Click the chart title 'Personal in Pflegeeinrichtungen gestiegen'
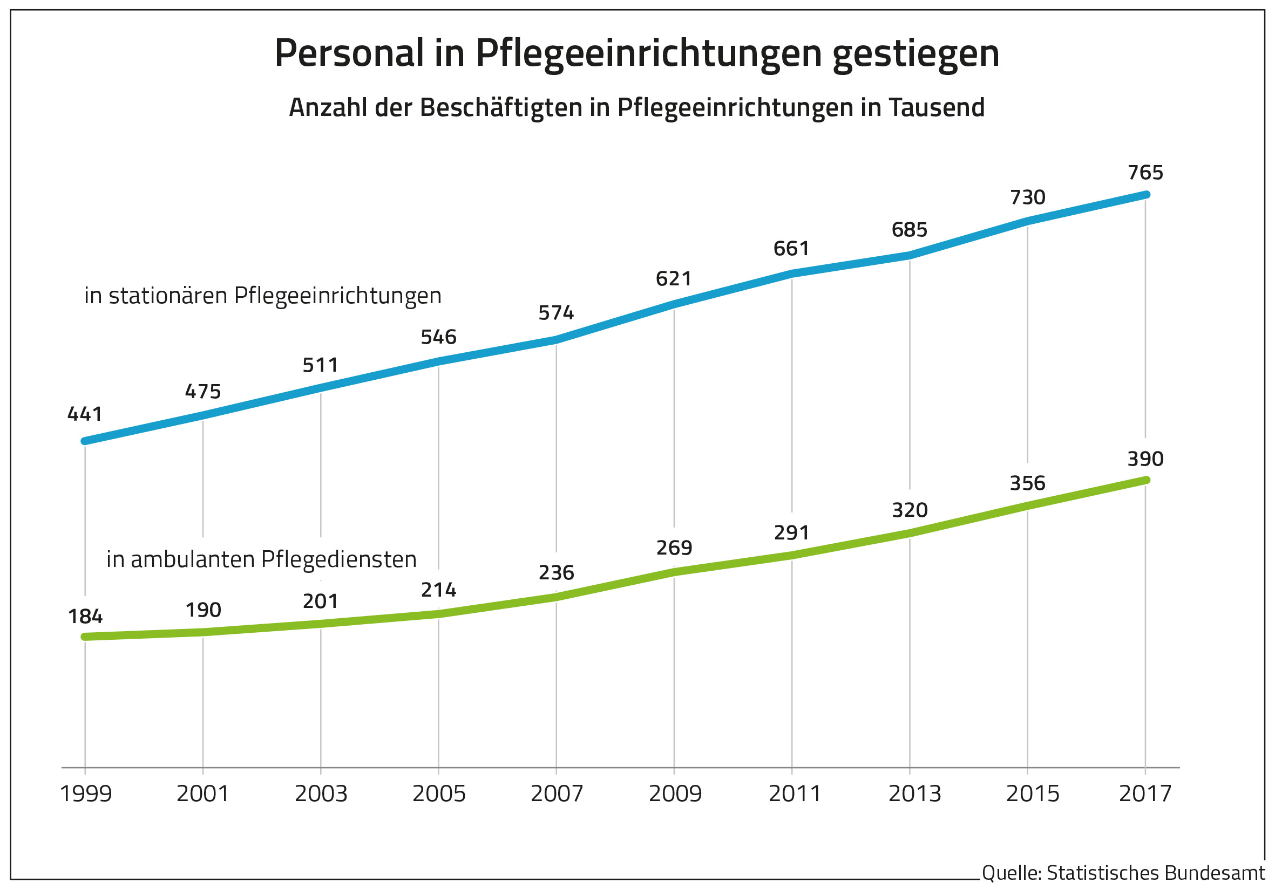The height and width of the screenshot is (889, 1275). click(x=636, y=54)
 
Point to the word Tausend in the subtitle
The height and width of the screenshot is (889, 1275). click(x=936, y=108)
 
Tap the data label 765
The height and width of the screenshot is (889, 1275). click(x=1145, y=173)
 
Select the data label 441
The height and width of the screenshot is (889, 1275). click(x=85, y=414)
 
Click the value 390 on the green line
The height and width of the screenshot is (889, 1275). click(x=1145, y=459)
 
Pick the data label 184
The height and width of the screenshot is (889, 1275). click(x=85, y=617)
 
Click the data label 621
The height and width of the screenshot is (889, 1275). click(x=674, y=278)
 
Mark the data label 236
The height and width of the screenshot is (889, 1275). click(x=556, y=573)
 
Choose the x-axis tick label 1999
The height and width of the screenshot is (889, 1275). click(x=85, y=794)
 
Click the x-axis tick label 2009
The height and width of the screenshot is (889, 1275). click(x=675, y=794)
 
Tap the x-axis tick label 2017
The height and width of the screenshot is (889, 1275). click(x=1145, y=794)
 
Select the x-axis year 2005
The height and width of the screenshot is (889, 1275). click(x=439, y=794)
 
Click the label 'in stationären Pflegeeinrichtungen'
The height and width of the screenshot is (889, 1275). click(x=263, y=296)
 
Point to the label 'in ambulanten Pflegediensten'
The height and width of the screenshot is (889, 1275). click(x=261, y=559)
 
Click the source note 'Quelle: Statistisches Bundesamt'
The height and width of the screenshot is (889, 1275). click(x=1123, y=873)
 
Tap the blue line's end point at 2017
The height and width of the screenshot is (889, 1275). click(x=1146, y=194)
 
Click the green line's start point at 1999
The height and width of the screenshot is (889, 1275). click(x=85, y=637)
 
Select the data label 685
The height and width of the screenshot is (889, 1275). click(x=909, y=230)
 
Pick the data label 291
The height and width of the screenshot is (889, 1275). click(x=791, y=533)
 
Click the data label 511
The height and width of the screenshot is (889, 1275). click(x=321, y=365)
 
